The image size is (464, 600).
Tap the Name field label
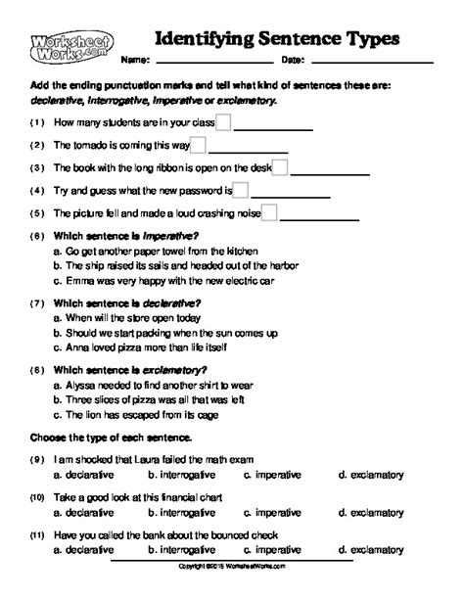(x=136, y=61)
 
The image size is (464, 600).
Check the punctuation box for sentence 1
(x=223, y=122)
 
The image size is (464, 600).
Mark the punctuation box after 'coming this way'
(x=198, y=145)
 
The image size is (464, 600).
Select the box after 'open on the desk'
(x=279, y=167)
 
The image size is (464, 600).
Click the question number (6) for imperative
(x=37, y=237)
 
